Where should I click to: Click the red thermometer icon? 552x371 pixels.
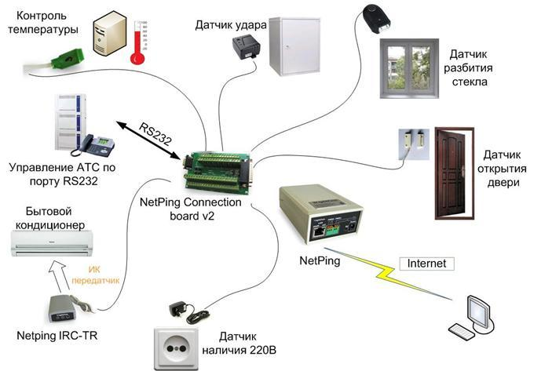(x=137, y=42)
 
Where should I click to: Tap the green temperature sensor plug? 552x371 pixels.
(x=68, y=58)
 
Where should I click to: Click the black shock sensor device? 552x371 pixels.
(x=246, y=48)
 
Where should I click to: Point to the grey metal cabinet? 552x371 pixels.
(x=295, y=46)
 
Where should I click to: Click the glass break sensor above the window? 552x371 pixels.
(x=377, y=18)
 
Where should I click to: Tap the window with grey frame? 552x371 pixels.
(x=409, y=68)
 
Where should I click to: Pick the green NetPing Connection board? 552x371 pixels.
(x=218, y=172)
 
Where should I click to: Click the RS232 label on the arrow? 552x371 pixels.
(x=155, y=134)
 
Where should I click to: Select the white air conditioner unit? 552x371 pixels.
(x=52, y=243)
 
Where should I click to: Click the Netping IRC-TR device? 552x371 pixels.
(x=63, y=309)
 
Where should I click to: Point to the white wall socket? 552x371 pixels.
(x=176, y=348)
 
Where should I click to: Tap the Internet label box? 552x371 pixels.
(x=426, y=264)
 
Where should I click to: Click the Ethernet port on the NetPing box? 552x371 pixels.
(x=319, y=232)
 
